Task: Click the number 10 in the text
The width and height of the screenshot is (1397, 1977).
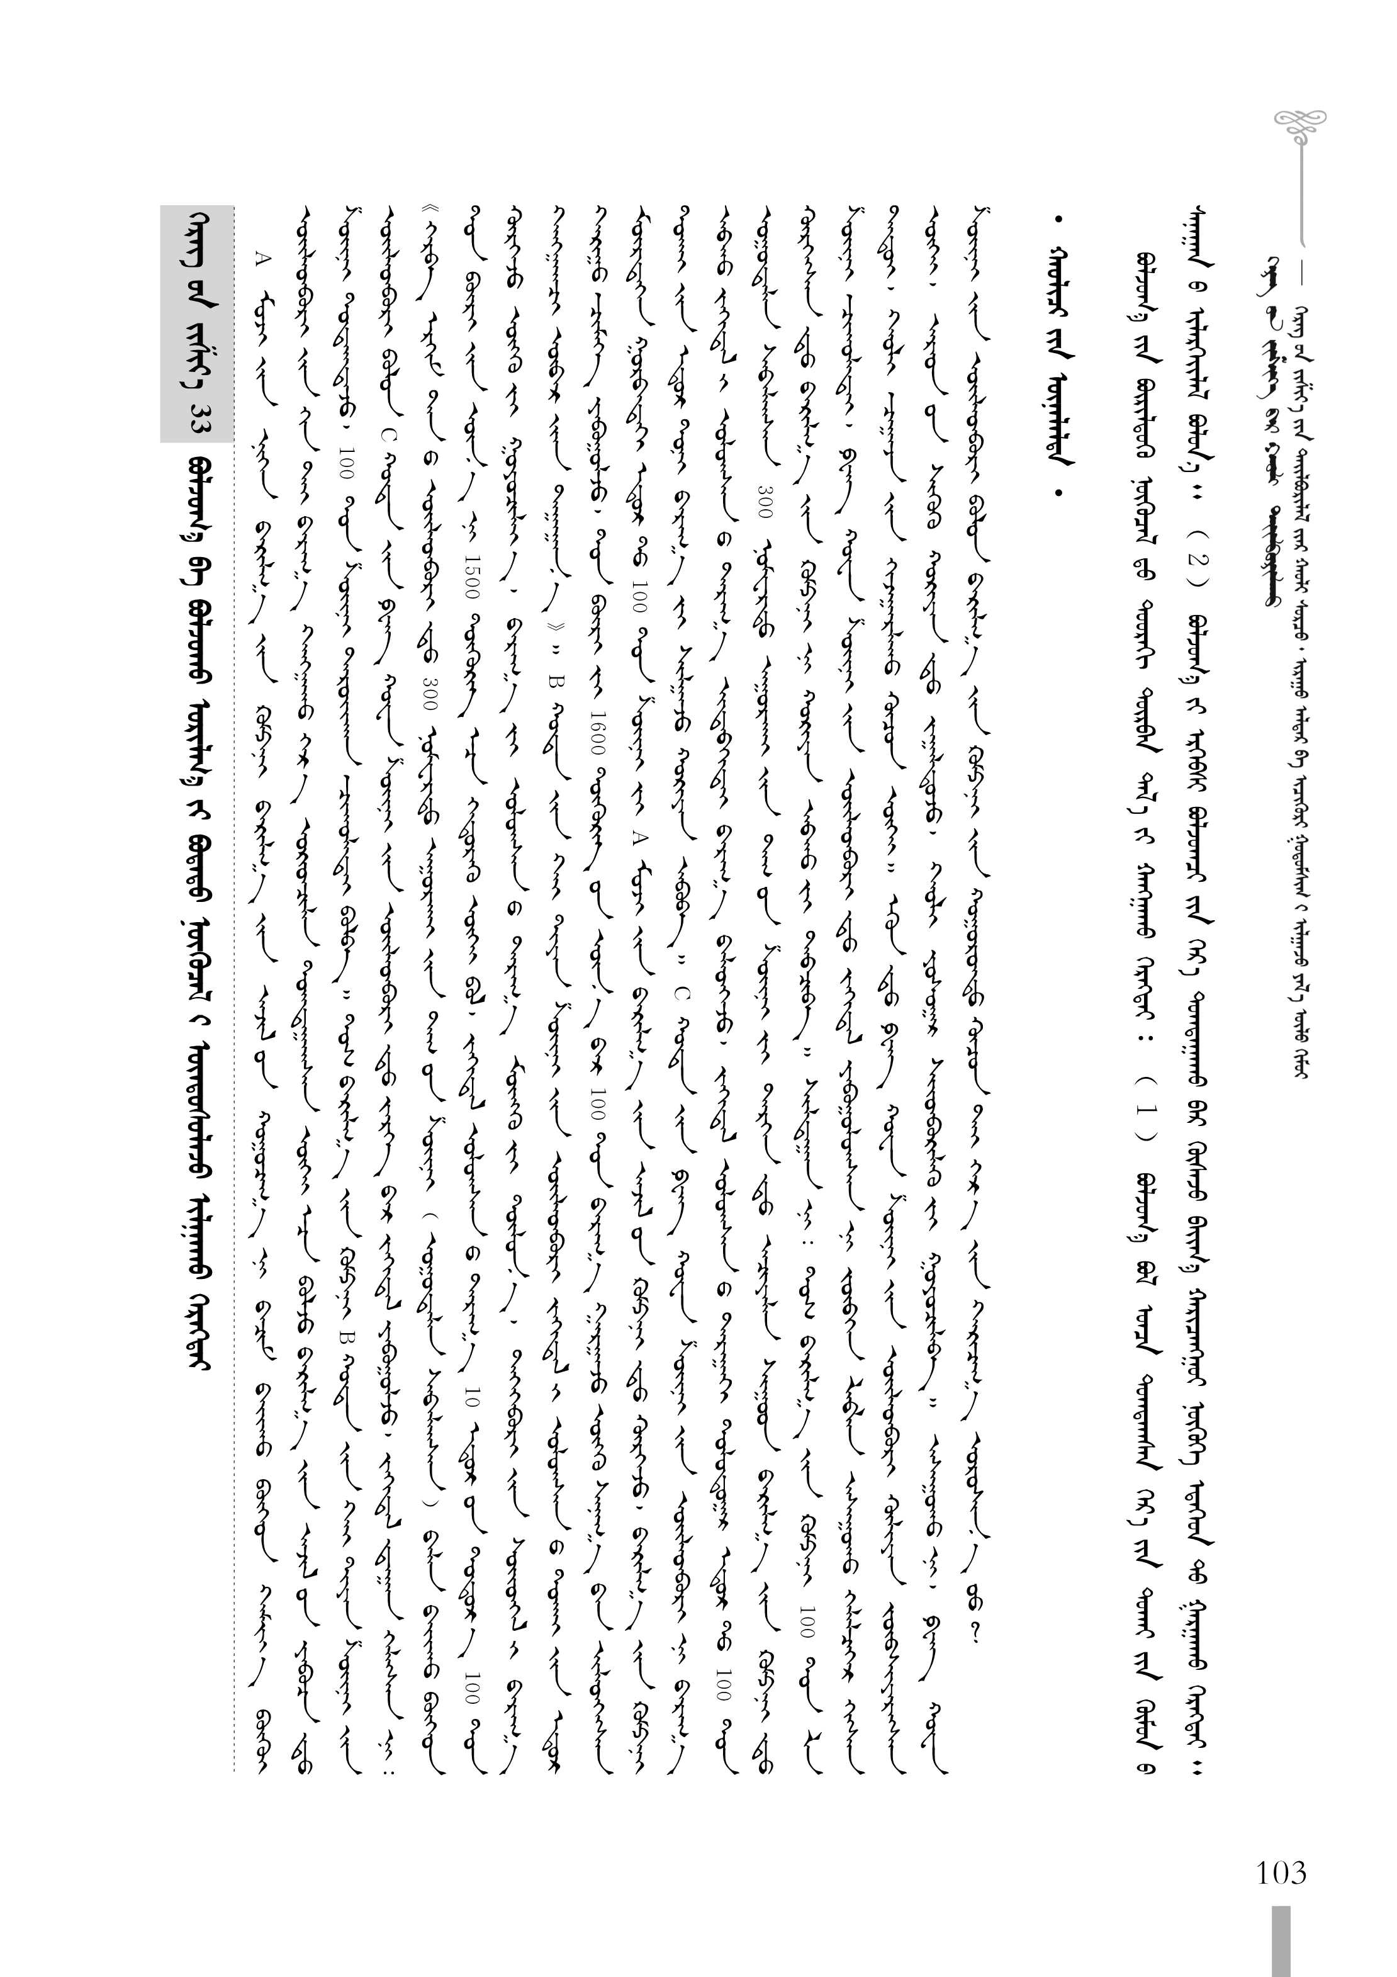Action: pyautogui.click(x=470, y=1400)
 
